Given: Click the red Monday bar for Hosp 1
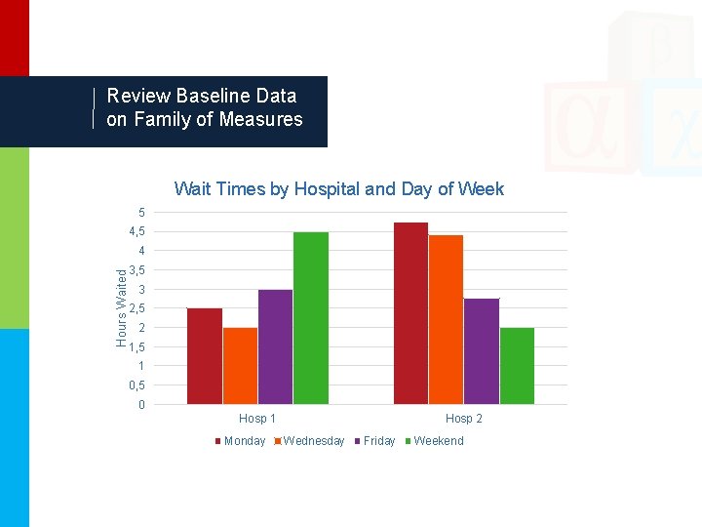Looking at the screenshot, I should [x=205, y=356].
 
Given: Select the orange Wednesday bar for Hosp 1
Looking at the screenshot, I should [x=240, y=366].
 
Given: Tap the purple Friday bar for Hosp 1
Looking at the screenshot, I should [x=275, y=346].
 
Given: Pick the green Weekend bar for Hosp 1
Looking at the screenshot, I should [x=310, y=318].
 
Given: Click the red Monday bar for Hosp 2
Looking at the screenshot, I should [x=410, y=313].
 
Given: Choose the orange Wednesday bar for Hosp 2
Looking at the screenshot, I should [x=446, y=319].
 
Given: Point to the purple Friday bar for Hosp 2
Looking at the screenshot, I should [x=481, y=351].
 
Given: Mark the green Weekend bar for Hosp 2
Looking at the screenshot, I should [x=517, y=366].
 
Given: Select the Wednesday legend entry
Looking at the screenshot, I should [x=313, y=441].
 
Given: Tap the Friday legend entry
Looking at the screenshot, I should [x=378, y=441].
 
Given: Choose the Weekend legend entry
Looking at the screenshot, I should [x=438, y=441].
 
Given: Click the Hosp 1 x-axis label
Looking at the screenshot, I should [x=257, y=419].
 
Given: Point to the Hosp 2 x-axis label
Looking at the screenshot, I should [x=463, y=419].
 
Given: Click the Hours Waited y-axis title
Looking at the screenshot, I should [x=122, y=307].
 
